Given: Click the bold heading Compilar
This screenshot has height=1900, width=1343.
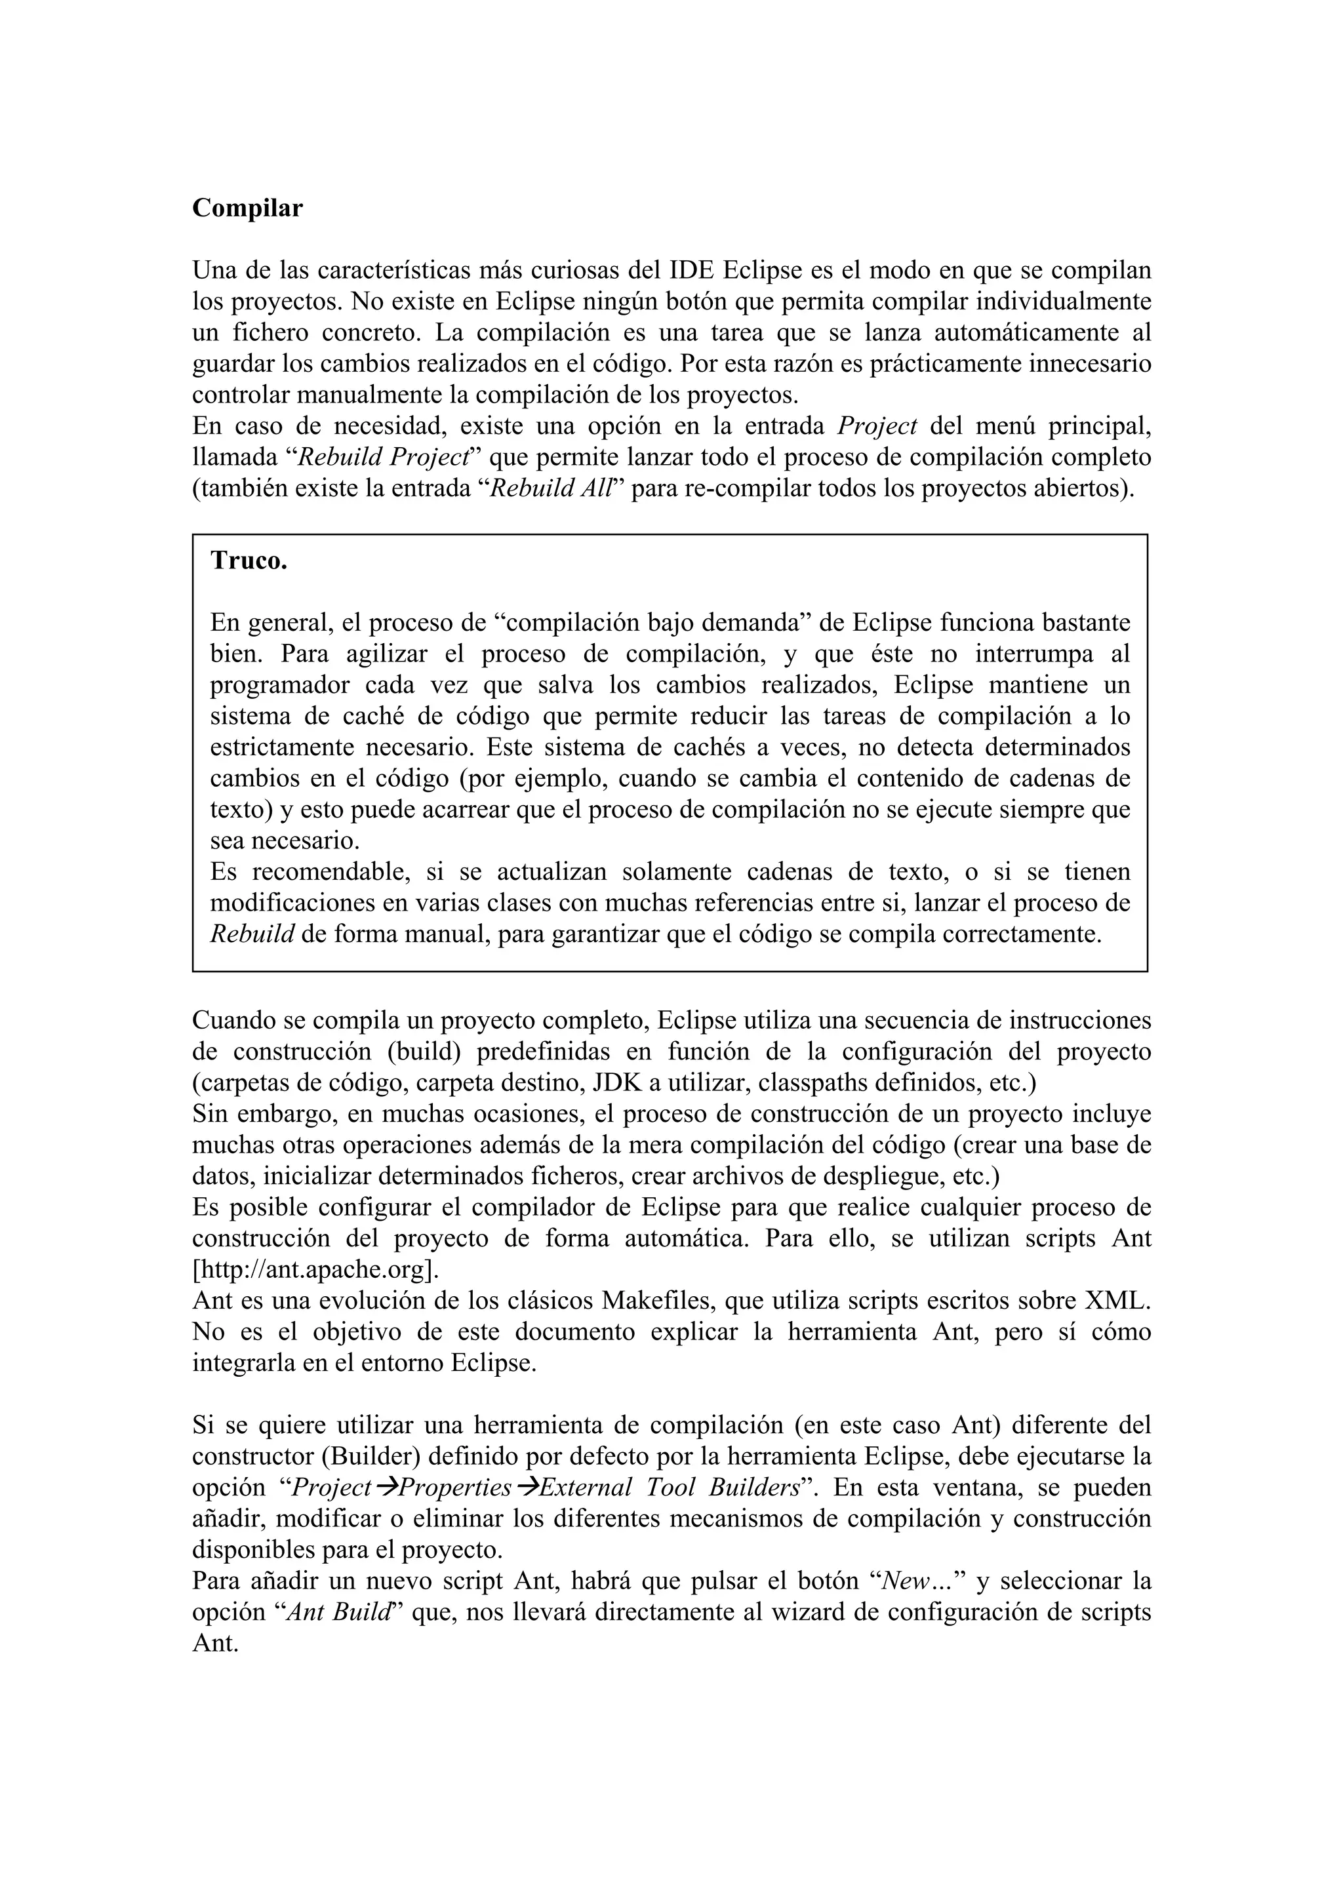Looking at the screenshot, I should [247, 208].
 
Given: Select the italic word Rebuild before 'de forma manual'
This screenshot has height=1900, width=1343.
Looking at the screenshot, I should [252, 935].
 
